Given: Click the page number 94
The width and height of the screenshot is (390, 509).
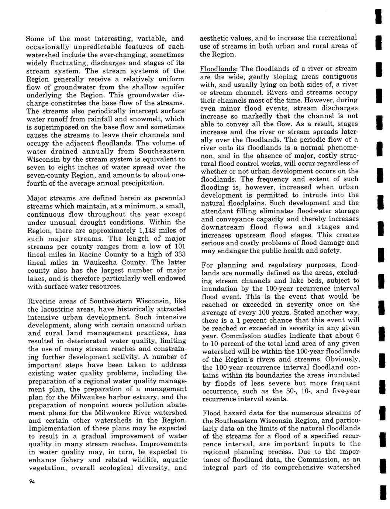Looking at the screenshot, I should (31, 484).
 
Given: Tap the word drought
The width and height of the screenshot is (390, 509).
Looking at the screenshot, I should (102, 222).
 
